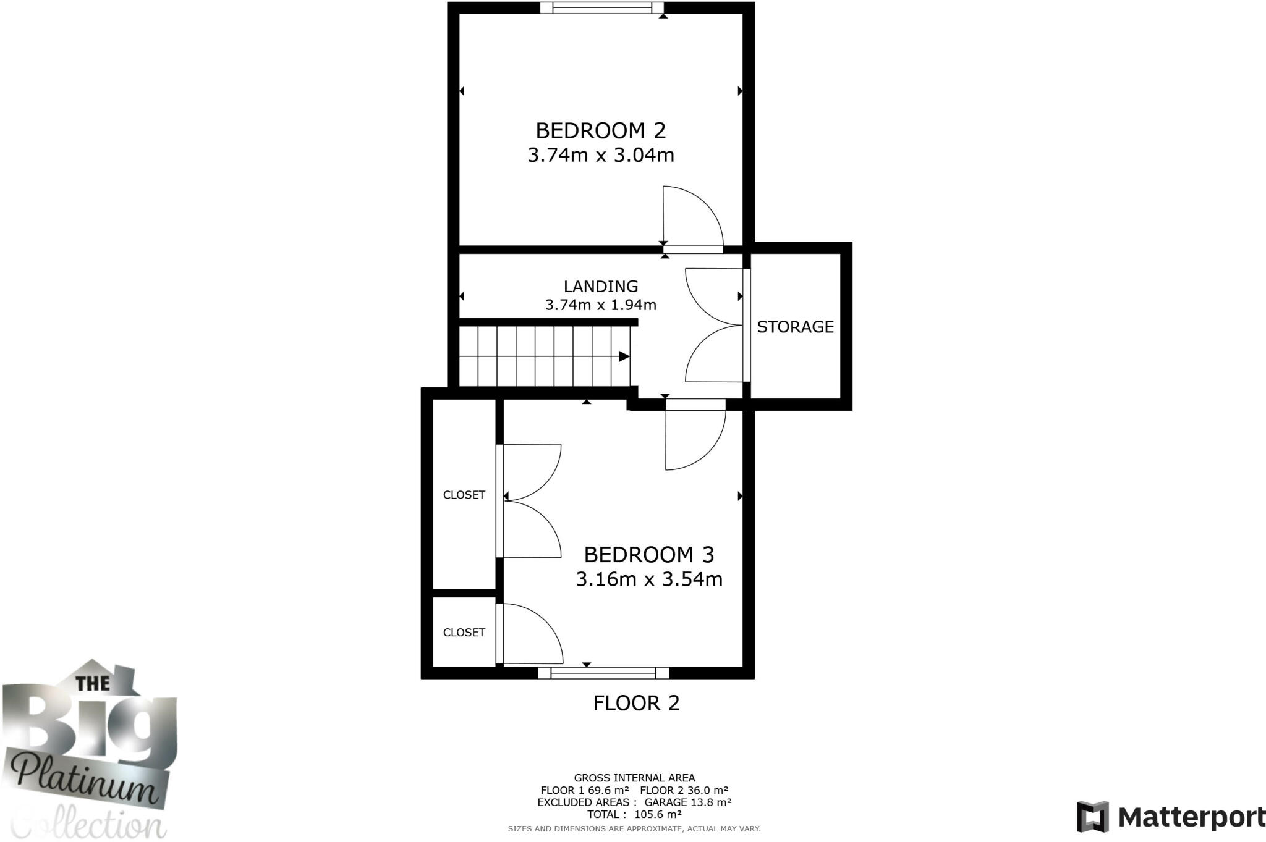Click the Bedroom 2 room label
[600, 130]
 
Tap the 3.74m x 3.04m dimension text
[600, 154]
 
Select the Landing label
[600, 286]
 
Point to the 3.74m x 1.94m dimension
[600, 305]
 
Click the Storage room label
[795, 327]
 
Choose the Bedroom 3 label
[648, 554]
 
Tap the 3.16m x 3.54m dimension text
[648, 579]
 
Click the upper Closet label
[464, 495]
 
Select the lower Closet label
[464, 633]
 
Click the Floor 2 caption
[636, 703]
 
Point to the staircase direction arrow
[624, 356]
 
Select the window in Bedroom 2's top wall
[601, 8]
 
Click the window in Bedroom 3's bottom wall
[603, 673]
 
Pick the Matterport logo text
[1191, 818]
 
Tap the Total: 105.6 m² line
[634, 814]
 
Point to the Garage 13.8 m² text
[687, 802]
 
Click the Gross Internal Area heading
[634, 778]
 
